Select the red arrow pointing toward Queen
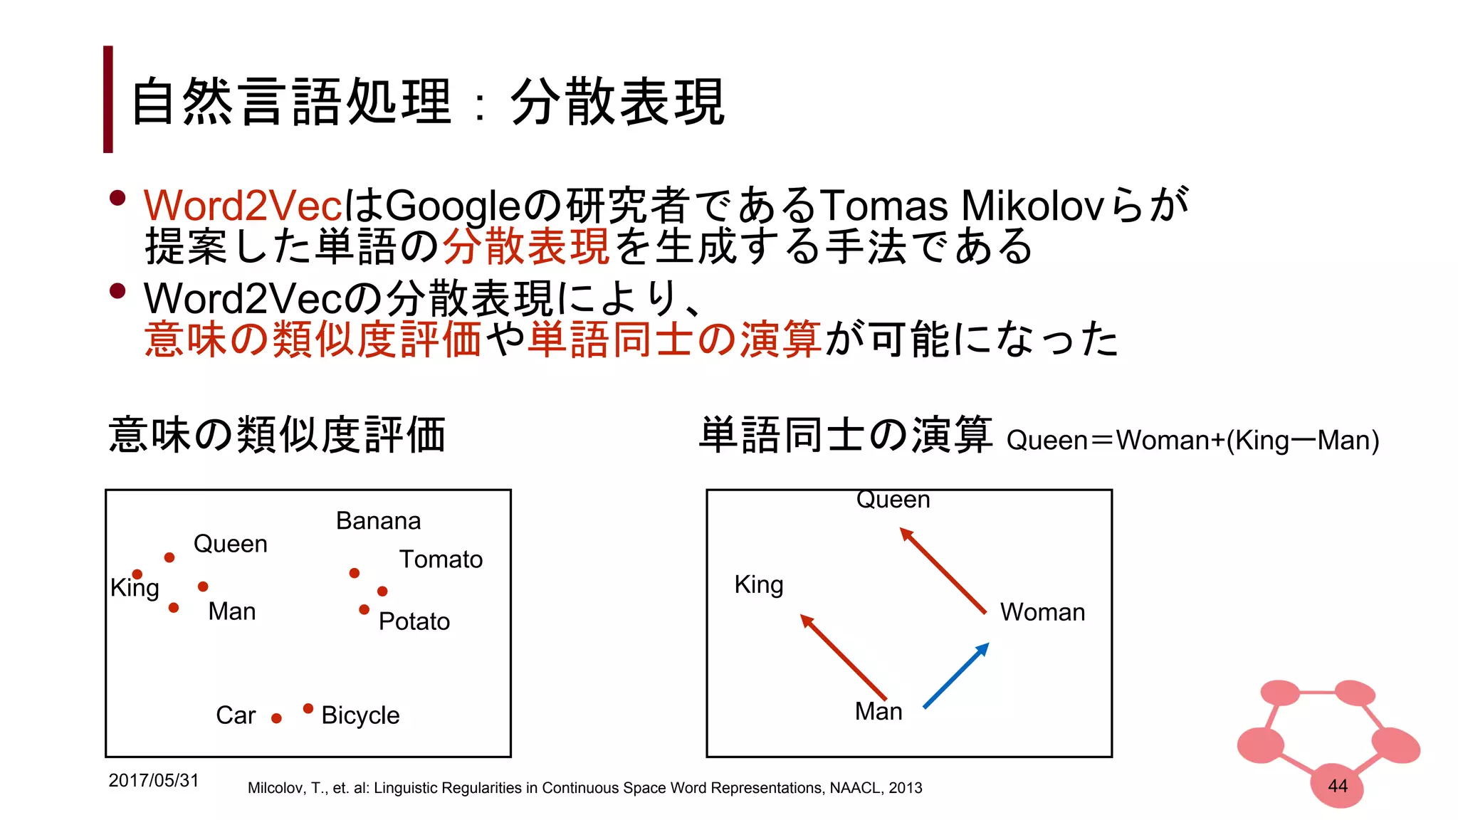[x=943, y=570]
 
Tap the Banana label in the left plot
[x=378, y=521]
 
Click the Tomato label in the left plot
[x=441, y=559]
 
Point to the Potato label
[x=414, y=621]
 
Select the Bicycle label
[x=360, y=715]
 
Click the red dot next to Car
[x=276, y=718]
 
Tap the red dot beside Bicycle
[x=308, y=708]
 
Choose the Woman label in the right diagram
[x=1042, y=612]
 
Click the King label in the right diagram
[x=759, y=585]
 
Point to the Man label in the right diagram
[x=879, y=711]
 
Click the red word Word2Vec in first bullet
[x=243, y=206]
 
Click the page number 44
[x=1338, y=786]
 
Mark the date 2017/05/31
[x=153, y=780]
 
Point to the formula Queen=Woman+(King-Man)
[x=1192, y=441]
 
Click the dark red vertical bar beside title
[x=108, y=99]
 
